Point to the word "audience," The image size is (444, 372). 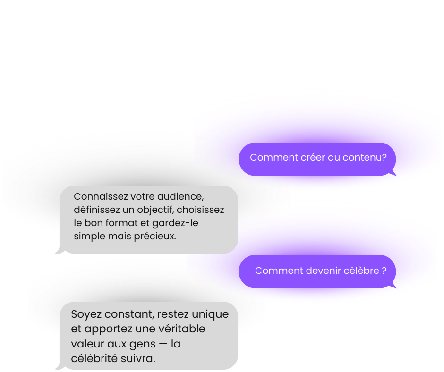[x=183, y=196]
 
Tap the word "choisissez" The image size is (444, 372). [x=203, y=210]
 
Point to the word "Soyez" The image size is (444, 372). [x=84, y=314]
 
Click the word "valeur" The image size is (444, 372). [x=85, y=344]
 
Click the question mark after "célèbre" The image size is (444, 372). [x=384, y=271]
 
